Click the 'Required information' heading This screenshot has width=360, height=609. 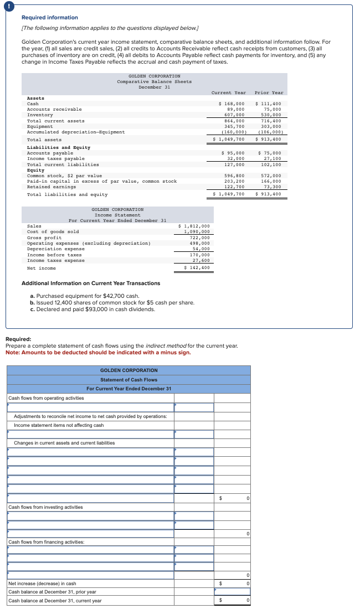click(x=49, y=18)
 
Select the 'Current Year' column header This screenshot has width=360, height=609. click(x=229, y=92)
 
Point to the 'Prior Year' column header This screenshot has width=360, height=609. click(x=269, y=92)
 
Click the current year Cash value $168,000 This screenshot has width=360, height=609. click(x=232, y=104)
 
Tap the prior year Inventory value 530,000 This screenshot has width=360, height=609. click(x=271, y=115)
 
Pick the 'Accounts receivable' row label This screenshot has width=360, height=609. click(x=54, y=109)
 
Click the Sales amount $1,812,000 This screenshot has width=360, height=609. click(x=194, y=226)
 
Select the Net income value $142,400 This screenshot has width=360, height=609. click(x=197, y=268)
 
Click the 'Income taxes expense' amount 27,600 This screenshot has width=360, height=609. click(x=200, y=260)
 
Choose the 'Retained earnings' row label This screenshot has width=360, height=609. click(x=52, y=187)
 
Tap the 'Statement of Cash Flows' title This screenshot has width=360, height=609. click(x=128, y=380)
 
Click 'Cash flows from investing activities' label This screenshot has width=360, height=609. click(x=45, y=507)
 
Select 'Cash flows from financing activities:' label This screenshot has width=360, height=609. click(x=46, y=542)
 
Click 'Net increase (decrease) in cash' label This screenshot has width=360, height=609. click(x=42, y=584)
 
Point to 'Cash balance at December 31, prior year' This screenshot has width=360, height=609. click(x=52, y=592)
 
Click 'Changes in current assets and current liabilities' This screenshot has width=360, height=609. click(x=64, y=443)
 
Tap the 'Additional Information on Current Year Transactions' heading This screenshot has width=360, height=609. click(x=91, y=283)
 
